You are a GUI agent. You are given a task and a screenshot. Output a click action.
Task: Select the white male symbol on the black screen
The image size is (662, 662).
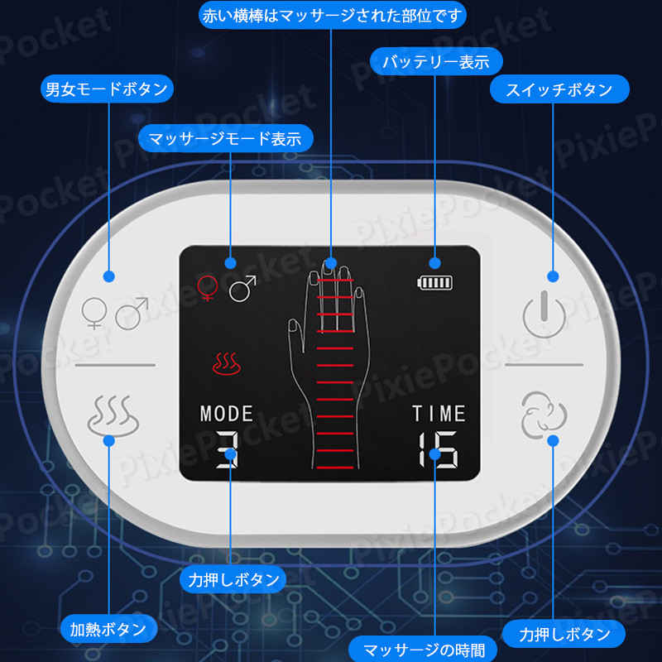tap(243, 287)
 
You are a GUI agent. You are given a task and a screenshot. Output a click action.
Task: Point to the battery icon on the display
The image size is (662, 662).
tap(435, 283)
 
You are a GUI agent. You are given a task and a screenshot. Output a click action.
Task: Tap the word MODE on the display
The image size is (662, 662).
tap(227, 413)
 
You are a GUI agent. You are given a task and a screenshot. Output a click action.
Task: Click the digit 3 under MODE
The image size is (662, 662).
tap(227, 449)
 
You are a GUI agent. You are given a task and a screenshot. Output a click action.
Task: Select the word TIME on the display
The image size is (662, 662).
tap(439, 413)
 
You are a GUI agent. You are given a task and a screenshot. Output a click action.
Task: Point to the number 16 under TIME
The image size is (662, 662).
tap(439, 449)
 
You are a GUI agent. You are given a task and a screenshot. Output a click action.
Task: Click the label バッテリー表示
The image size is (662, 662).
tap(435, 61)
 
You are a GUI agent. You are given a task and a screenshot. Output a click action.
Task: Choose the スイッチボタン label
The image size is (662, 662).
tap(559, 89)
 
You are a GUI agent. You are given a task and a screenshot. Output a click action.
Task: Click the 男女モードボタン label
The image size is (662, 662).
tap(107, 89)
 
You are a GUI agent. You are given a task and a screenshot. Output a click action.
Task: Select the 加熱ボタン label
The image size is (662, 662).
tap(108, 630)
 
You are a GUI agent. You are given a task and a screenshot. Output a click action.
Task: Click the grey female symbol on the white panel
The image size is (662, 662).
tap(94, 314)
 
